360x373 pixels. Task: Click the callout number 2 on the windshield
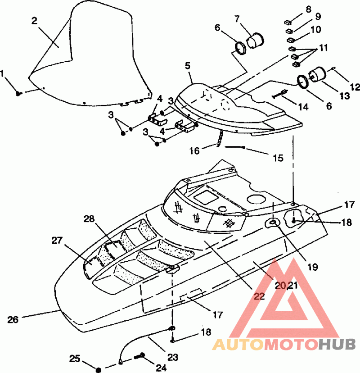click(35, 21)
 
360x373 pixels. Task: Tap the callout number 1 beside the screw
click(2, 74)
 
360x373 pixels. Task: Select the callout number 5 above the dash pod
click(188, 66)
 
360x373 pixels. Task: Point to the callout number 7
click(237, 19)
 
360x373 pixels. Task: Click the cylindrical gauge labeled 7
click(255, 41)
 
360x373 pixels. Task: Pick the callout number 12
click(355, 87)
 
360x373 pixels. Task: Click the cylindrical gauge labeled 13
click(317, 74)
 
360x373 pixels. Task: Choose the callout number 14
click(303, 107)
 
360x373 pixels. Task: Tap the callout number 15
click(278, 158)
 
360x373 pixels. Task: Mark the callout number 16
click(194, 151)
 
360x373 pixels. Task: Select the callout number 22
click(259, 296)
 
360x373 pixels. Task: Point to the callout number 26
click(13, 319)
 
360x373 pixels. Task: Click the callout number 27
click(57, 241)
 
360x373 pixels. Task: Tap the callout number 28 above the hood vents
click(89, 218)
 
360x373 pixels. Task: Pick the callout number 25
click(75, 359)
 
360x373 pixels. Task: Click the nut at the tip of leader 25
click(99, 370)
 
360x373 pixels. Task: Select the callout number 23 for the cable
click(173, 357)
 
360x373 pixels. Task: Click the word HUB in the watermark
click(337, 344)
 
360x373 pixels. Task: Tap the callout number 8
click(308, 9)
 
